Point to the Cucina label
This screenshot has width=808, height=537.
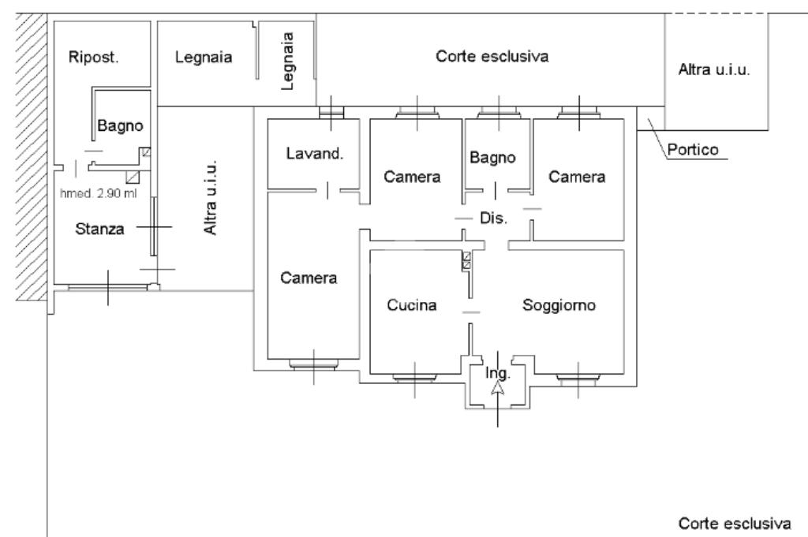point(411,305)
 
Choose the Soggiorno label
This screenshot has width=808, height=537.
point(559,305)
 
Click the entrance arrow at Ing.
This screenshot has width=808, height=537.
point(497,387)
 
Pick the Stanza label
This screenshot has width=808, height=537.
point(100,229)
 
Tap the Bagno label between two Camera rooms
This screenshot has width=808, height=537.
point(492,157)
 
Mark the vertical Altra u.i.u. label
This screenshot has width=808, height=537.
point(210,200)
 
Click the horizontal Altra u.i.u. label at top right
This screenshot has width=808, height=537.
point(713,69)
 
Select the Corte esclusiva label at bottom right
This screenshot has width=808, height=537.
point(735,523)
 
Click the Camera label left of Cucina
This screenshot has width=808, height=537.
point(310,278)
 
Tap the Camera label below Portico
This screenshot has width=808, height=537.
point(577,177)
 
